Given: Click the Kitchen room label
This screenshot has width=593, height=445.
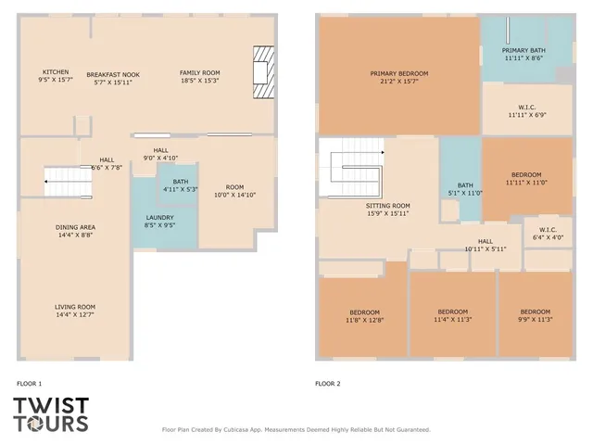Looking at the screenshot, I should (x=56, y=72).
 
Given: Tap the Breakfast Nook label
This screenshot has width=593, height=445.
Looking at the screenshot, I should (x=113, y=73).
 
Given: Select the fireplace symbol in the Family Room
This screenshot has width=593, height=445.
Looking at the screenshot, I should (x=265, y=72).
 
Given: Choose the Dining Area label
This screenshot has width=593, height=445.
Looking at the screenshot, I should (x=76, y=227).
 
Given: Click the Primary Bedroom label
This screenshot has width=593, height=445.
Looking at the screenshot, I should (x=398, y=73).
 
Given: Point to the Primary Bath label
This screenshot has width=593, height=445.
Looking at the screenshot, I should (x=524, y=50).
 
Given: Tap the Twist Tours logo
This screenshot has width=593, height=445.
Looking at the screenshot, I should (x=51, y=414).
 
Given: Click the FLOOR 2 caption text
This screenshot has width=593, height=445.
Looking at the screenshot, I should (x=328, y=383).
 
